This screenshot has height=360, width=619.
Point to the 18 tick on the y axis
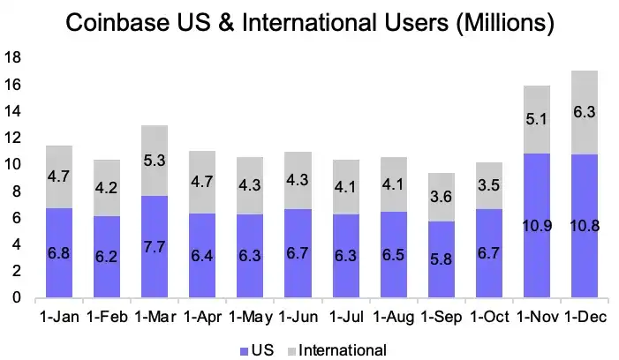[13, 58]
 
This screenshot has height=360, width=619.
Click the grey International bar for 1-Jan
[58, 176]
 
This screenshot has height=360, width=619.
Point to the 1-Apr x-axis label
[201, 316]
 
